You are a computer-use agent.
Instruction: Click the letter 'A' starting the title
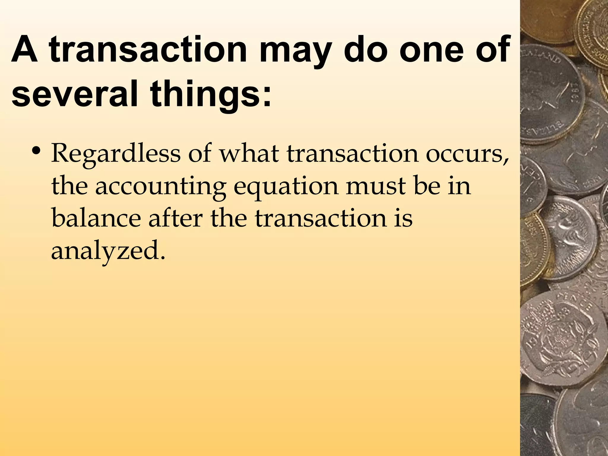tap(24, 49)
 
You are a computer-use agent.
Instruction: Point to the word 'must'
tap(375, 186)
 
